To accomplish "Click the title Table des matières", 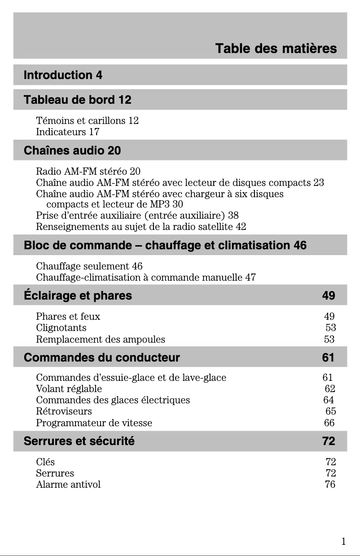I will click(276, 49).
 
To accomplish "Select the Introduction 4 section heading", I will click(63, 75).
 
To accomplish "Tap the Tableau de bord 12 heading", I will click(77, 100).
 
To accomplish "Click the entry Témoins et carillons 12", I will click(87, 121).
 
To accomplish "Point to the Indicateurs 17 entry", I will click(67, 132).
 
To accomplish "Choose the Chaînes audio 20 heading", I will click(72, 150).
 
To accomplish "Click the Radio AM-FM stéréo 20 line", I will click(88, 171).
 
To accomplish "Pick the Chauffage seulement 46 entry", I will click(89, 266).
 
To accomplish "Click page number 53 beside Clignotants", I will click(330, 328).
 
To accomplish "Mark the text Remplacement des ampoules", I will click(100, 340).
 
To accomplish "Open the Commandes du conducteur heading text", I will click(101, 358).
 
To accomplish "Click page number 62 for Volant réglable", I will click(329, 388).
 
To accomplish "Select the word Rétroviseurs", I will click(64, 411).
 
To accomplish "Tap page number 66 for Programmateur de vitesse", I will click(329, 423).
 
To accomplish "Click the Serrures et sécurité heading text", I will click(79, 441).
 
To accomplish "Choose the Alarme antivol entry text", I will click(68, 485).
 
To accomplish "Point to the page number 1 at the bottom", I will click(343, 542).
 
